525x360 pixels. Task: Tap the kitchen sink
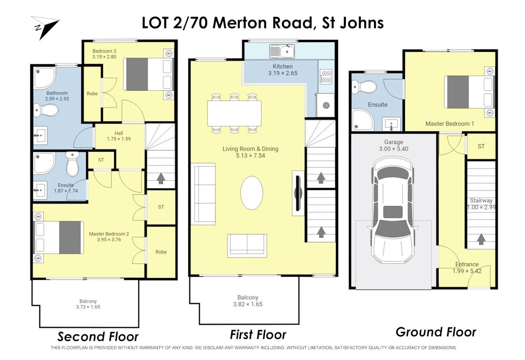coord(282,51)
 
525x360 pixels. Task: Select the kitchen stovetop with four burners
coord(326,77)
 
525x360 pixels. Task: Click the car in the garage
coord(393,209)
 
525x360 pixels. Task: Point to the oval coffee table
coord(252,193)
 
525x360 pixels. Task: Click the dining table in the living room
coord(234,113)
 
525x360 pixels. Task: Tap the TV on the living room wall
coord(298,193)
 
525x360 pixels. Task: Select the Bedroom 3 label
coord(104,51)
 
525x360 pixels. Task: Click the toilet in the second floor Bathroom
coord(46,110)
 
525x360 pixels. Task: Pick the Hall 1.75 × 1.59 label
coord(119,136)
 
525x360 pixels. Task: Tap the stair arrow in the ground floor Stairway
coord(481,239)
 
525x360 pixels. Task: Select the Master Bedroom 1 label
coord(450,124)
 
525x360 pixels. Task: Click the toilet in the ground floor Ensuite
coord(364,87)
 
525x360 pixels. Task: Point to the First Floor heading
coord(258,335)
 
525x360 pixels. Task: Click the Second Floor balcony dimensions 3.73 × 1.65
coord(88,307)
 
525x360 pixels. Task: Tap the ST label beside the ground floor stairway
coord(481,146)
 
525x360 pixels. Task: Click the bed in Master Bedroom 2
coord(59,237)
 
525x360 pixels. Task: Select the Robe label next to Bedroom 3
coord(92,94)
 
